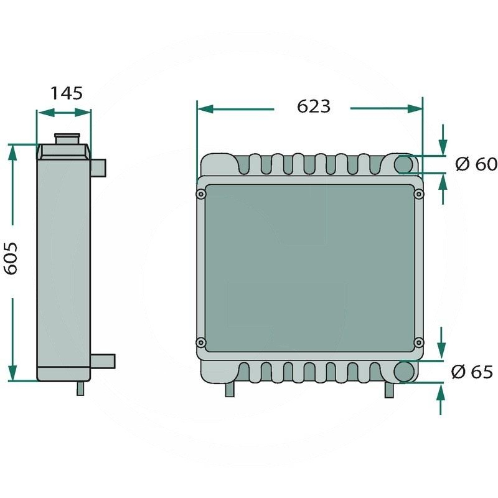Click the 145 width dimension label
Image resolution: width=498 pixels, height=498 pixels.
(x=66, y=93)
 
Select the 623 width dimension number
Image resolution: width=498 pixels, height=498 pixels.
(x=313, y=106)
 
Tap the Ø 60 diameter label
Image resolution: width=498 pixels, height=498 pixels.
(x=476, y=164)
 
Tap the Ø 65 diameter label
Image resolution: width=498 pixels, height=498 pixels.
(x=472, y=372)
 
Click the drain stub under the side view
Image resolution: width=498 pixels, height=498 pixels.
(x=80, y=388)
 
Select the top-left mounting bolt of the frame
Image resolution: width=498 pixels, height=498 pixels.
(x=200, y=195)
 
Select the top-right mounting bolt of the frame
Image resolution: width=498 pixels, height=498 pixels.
(x=419, y=195)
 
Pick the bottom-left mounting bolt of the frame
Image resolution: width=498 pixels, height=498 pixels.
(x=200, y=342)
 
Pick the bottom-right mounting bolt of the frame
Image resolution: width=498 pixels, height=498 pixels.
(x=419, y=342)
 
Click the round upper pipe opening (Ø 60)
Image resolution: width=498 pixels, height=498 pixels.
(x=405, y=164)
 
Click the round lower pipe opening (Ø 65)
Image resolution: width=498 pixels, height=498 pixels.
(x=405, y=371)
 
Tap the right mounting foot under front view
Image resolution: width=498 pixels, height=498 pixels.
(x=389, y=389)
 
